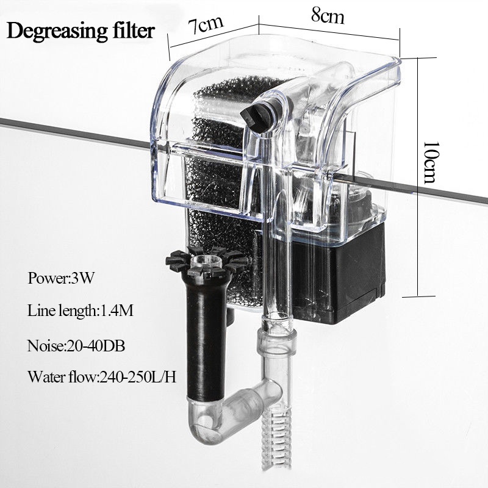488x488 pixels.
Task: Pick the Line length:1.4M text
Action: point(80,311)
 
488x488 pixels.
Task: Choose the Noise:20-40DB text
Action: point(76,345)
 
